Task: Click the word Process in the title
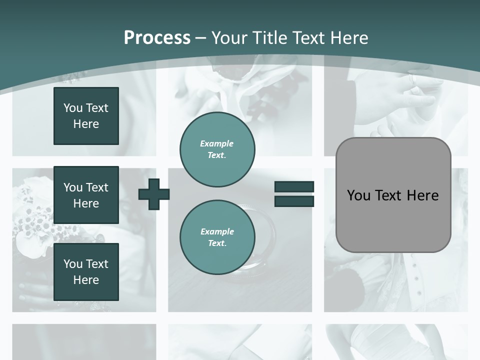pyautogui.click(x=157, y=38)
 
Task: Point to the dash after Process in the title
pyautogui.click(x=201, y=38)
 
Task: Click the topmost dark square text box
pyautogui.click(x=86, y=116)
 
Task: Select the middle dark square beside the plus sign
pyautogui.click(x=86, y=195)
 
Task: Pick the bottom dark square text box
pyautogui.click(x=86, y=272)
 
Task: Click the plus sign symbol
pyautogui.click(x=154, y=194)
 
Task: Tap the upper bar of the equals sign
pyautogui.click(x=294, y=186)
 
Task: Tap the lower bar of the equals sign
pyautogui.click(x=294, y=201)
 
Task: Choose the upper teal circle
pyautogui.click(x=217, y=149)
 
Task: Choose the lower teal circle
pyautogui.click(x=217, y=237)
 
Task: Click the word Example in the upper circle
pyautogui.click(x=217, y=143)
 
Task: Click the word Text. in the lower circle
pyautogui.click(x=217, y=243)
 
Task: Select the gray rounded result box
pyautogui.click(x=393, y=195)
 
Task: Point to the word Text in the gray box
pyautogui.click(x=389, y=195)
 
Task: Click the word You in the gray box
pyautogui.click(x=358, y=195)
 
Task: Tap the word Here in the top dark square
pyautogui.click(x=86, y=124)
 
